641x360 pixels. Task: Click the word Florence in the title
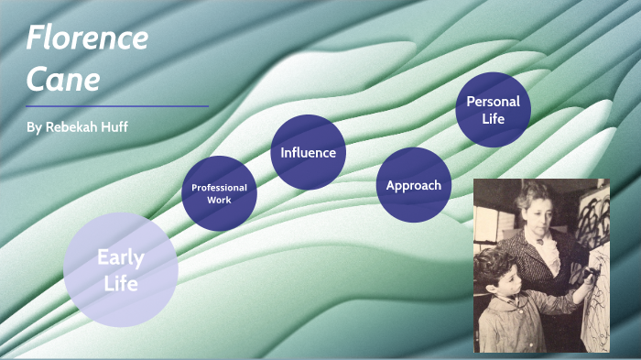coord(87,38)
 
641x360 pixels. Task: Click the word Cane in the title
coord(62,80)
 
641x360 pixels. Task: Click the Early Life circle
coord(120,269)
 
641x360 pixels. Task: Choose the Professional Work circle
coord(219,193)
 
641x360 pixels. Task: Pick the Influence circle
coord(308,152)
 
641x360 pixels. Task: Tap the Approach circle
coord(414,185)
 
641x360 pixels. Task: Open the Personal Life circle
coord(493,110)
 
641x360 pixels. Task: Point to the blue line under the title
coord(117,106)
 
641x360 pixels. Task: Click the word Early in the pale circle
coord(120,256)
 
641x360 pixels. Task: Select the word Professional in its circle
coord(219,187)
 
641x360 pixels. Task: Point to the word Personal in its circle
coord(493,101)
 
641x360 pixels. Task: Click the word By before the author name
coord(34,127)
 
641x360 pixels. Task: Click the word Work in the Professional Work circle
coord(219,200)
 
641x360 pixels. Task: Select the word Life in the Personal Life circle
coord(493,119)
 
